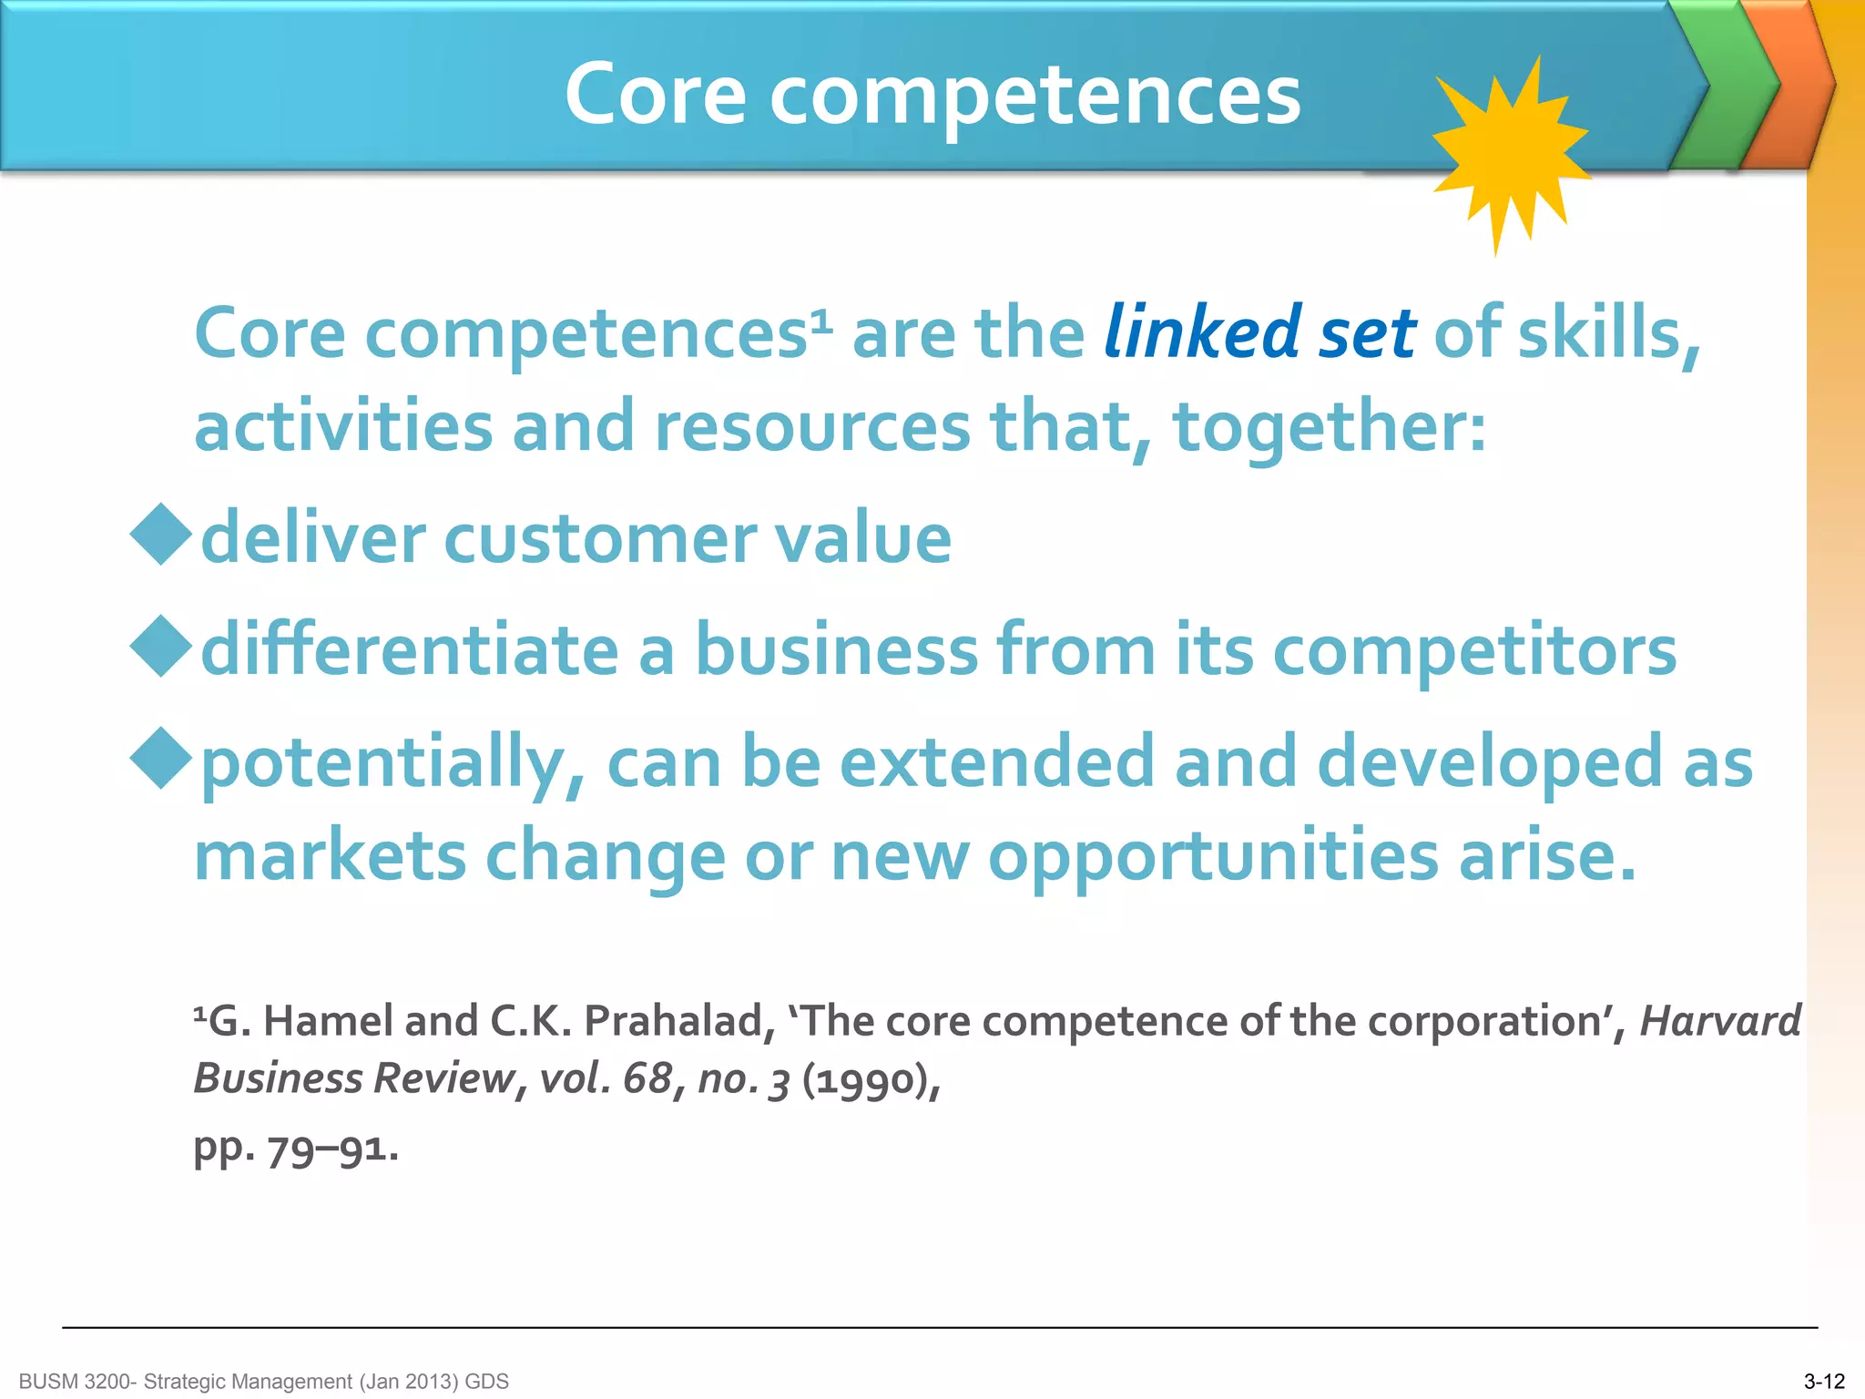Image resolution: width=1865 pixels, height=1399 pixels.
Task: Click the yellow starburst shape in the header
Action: point(1510,153)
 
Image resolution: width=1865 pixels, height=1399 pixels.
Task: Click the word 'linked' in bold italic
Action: point(1202,332)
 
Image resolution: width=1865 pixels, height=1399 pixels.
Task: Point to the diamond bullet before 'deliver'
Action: point(161,535)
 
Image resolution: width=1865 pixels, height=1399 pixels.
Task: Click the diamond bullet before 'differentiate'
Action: point(161,647)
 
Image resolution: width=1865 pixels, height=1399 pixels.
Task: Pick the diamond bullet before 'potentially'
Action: point(161,758)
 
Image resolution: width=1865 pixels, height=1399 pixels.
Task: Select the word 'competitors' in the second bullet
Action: point(1474,652)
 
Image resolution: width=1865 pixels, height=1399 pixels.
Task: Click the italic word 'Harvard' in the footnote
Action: point(1719,1021)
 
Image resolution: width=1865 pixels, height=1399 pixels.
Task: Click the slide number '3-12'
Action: point(1824,1382)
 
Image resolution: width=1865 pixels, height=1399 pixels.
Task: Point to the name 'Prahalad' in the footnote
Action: point(674,1021)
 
